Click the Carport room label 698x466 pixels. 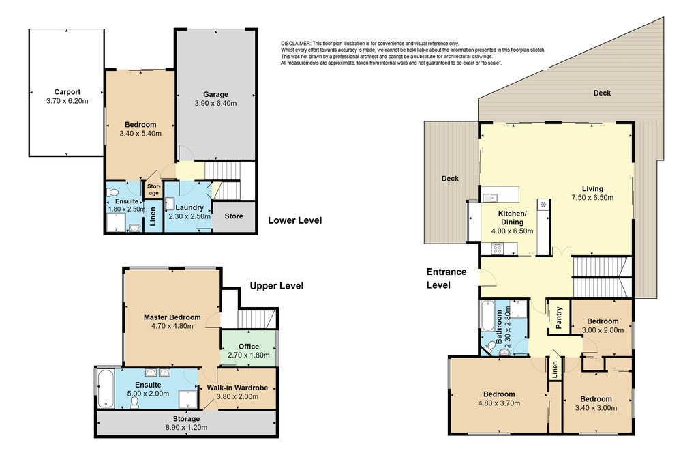coord(67,92)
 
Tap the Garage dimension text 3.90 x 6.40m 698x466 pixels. coord(216,103)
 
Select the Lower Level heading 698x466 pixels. coord(294,220)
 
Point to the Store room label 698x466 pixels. coord(234,216)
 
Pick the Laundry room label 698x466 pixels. coord(189,207)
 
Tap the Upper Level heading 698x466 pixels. coord(277,286)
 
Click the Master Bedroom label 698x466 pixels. coord(172,317)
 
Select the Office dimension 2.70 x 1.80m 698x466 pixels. coord(248,355)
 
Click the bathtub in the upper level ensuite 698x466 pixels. coord(106,389)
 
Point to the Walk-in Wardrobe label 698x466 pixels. coord(237,388)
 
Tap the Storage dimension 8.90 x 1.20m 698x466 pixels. coord(186,428)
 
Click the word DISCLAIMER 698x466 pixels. coord(296,43)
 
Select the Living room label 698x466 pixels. coord(592,188)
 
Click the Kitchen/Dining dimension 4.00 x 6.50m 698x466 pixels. coord(512,231)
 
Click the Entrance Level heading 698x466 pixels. coord(446,278)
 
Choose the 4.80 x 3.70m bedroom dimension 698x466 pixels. coord(499,403)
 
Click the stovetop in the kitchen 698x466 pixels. coord(497,248)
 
